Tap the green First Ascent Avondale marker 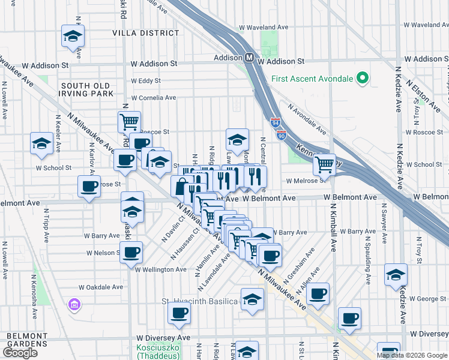pos(362,78)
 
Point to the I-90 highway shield pos(282,136)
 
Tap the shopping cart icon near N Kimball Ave pos(325,163)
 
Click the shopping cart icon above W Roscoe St pos(130,121)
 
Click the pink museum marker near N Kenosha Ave pos(74,305)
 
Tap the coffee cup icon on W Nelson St pos(131,252)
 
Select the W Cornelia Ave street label pos(153,97)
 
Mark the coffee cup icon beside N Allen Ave pos(318,293)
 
